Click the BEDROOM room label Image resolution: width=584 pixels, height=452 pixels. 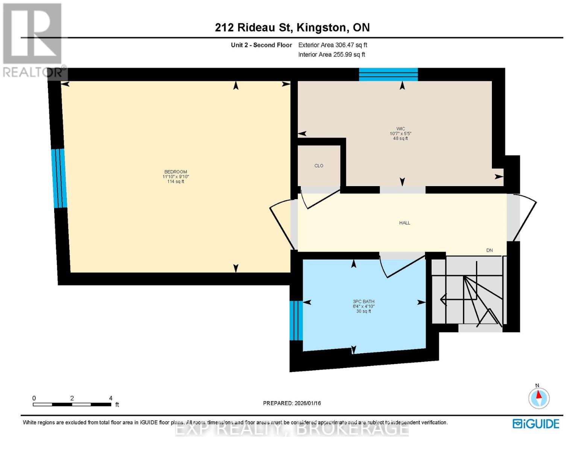pyautogui.click(x=176, y=172)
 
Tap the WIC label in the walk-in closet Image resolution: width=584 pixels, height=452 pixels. pyautogui.click(x=400, y=129)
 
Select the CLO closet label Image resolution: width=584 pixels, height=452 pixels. pyautogui.click(x=319, y=166)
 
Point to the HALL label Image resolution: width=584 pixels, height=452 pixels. pyautogui.click(x=405, y=223)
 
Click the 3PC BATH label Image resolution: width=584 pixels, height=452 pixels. pyautogui.click(x=363, y=302)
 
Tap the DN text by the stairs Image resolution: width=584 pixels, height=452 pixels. pyautogui.click(x=489, y=250)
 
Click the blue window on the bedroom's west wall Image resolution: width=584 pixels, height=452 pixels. pyautogui.click(x=59, y=178)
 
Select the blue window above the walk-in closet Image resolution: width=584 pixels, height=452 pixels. pyautogui.click(x=388, y=75)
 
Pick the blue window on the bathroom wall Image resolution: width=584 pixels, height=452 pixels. pyautogui.click(x=296, y=320)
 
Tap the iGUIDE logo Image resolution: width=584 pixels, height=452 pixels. pyautogui.click(x=536, y=424)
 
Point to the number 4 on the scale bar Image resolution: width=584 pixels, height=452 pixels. pyautogui.click(x=111, y=398)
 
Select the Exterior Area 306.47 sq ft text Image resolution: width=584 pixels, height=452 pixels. pyautogui.click(x=332, y=45)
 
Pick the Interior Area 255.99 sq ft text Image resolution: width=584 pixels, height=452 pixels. pyautogui.click(x=331, y=55)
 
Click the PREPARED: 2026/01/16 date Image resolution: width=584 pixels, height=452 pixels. pyautogui.click(x=292, y=403)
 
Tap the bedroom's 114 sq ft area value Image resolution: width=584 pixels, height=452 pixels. pyautogui.click(x=176, y=182)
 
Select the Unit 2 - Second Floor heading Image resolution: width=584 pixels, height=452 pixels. pyautogui.click(x=261, y=45)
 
